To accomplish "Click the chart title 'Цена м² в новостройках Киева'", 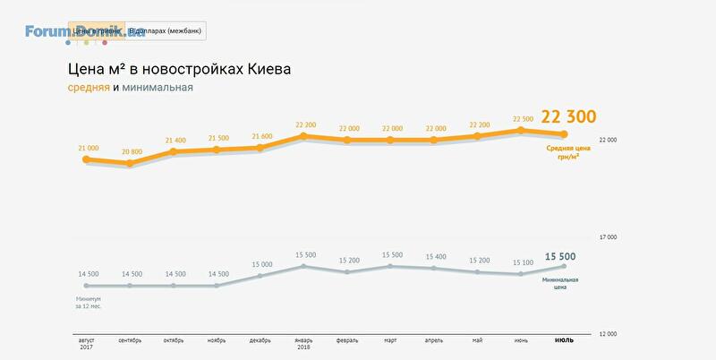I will click(179, 69).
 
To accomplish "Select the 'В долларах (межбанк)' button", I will click(166, 31).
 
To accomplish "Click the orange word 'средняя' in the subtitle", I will click(89, 88).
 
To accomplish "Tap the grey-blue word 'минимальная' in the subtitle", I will click(158, 88).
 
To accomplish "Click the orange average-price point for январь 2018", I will click(304, 136).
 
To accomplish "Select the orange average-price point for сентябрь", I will click(130, 164).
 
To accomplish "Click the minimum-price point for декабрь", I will click(260, 276).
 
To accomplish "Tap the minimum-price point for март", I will click(391, 266).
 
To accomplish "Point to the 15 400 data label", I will click(435, 256).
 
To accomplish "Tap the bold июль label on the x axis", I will click(565, 340).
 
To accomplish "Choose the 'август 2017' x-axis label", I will click(86, 344).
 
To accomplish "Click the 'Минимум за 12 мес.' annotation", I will click(89, 302).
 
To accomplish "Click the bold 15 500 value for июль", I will click(560, 257).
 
